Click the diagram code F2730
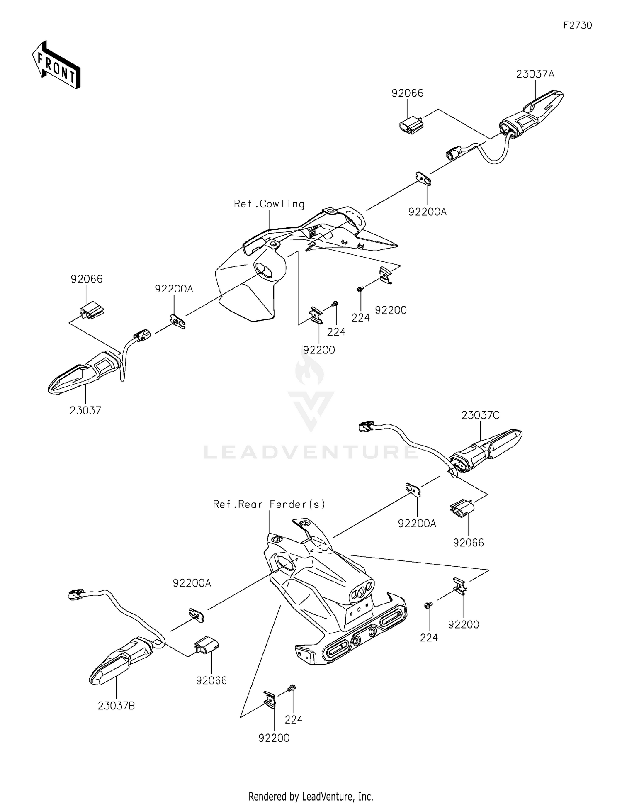(577, 25)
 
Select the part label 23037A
(535, 74)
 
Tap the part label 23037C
(480, 415)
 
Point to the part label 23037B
(116, 705)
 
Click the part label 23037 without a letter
(85, 410)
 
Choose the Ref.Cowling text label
(269, 204)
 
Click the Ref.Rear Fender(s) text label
(269, 504)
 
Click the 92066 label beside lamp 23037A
(408, 93)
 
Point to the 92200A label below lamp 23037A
(427, 212)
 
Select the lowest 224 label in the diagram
(294, 720)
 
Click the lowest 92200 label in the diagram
(274, 738)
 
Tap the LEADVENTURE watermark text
(311, 452)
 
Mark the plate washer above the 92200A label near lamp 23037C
(414, 490)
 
